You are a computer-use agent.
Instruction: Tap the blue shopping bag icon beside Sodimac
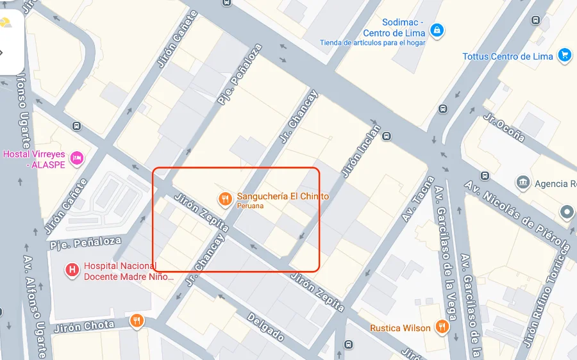pos(437,29)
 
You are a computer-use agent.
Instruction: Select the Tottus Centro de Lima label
pos(508,56)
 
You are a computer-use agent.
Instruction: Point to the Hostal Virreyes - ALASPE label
pos(33,159)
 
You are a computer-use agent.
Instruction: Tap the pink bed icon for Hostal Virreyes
pos(77,157)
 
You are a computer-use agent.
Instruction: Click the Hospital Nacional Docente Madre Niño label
pos(129,272)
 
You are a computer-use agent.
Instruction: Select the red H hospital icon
pos(72,270)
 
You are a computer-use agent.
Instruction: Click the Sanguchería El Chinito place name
pos(283,197)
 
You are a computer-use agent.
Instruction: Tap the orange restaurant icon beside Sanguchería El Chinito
pos(224,199)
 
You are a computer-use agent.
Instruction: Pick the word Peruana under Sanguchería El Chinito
pos(250,206)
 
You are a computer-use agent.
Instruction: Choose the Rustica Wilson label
pos(400,328)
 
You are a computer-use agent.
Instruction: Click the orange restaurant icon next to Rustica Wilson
pos(442,327)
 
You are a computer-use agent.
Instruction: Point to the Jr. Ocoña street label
pos(504,127)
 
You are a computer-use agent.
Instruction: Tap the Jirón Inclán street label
pos(361,151)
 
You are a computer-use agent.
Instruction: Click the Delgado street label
pos(265,327)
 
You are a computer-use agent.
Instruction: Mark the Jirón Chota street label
pos(84,326)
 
